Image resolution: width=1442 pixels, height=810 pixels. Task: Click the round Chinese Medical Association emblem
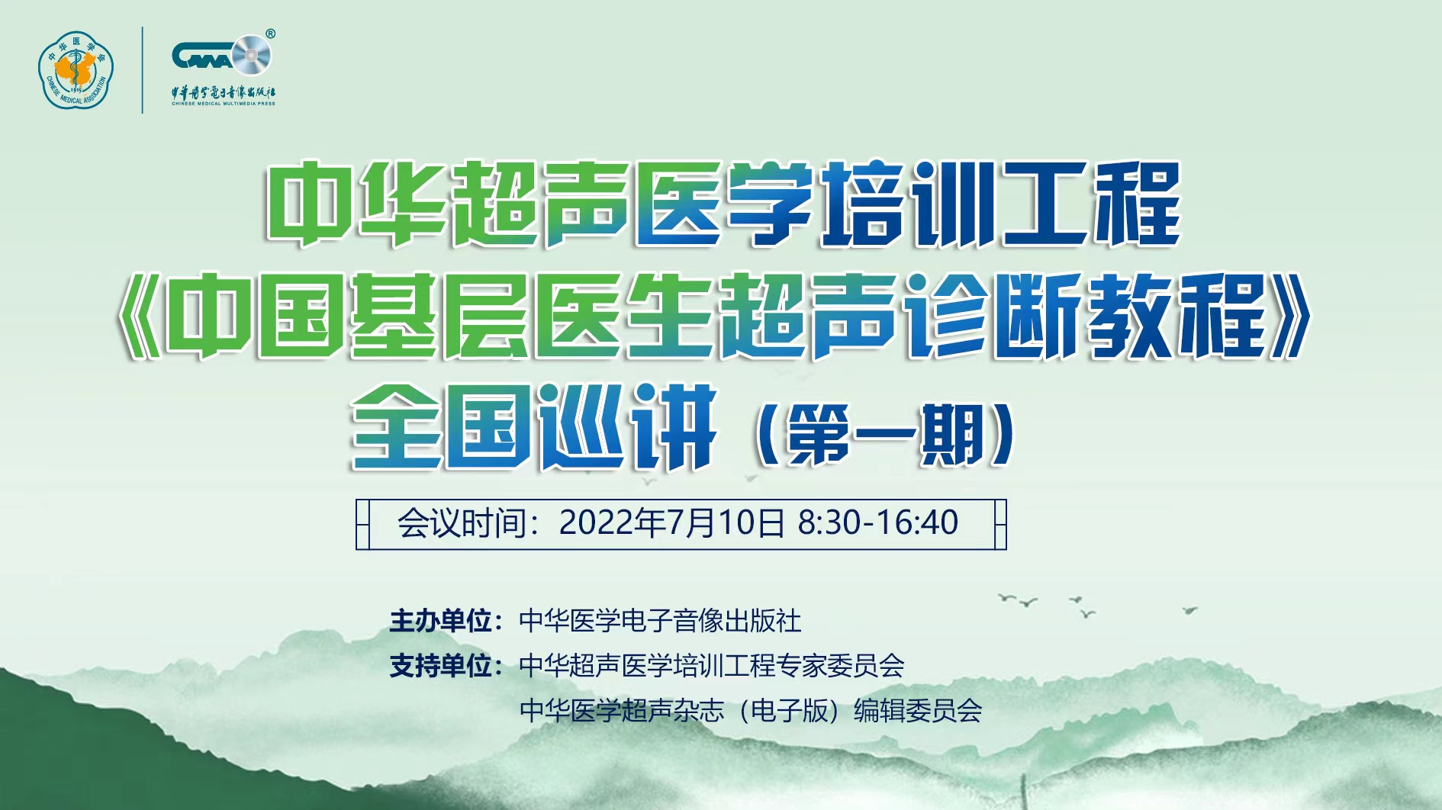76,70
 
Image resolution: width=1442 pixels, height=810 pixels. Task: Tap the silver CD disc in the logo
251,56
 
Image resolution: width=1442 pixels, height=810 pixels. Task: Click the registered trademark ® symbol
270,34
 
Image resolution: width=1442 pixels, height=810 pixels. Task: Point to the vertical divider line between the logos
143,70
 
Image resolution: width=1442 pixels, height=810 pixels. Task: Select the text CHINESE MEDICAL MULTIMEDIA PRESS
224,104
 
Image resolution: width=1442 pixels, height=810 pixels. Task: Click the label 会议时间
462,524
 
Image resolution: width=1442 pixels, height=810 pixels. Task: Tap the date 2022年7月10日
672,524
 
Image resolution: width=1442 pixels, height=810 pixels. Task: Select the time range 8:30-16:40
878,523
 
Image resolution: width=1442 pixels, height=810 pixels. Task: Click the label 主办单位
440,621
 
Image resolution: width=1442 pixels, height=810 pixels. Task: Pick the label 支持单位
440,666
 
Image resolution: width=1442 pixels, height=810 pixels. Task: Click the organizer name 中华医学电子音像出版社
660,621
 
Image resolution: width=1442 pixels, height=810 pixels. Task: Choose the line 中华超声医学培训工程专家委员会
712,666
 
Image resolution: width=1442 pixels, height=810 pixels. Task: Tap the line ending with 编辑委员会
751,711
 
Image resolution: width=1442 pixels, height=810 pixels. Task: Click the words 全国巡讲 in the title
534,427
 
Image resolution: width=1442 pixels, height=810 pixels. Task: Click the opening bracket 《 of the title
140,316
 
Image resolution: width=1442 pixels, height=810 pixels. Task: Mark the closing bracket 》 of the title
1289,316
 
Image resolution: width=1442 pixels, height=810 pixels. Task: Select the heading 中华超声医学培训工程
723,204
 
